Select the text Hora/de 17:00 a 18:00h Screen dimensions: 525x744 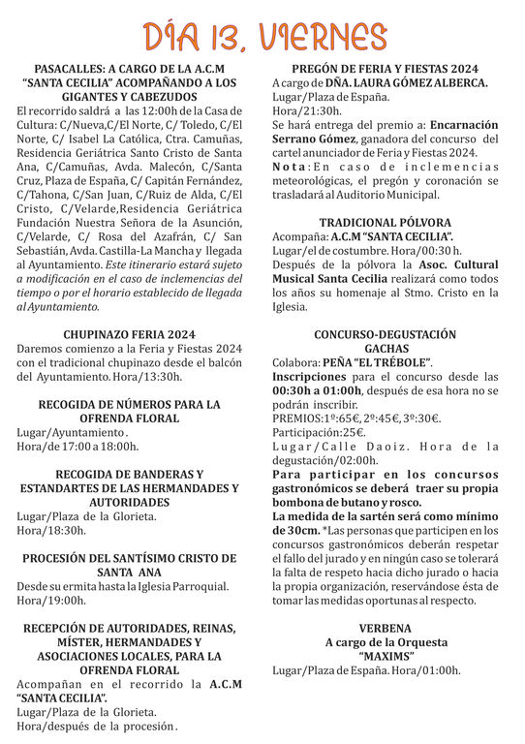(77, 446)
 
